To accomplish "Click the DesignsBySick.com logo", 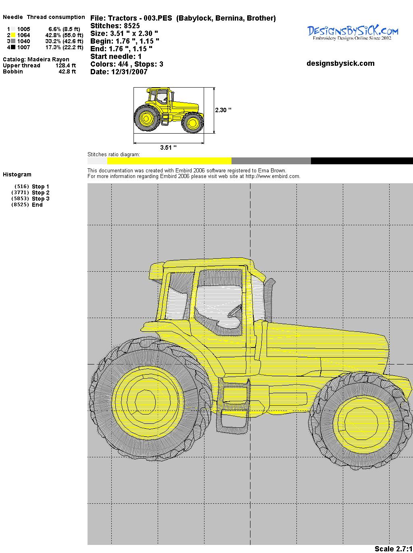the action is [x=353, y=33].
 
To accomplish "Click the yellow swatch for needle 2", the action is [x=13, y=35].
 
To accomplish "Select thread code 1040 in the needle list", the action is [x=24, y=41].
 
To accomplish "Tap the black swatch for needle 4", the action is [x=13, y=47].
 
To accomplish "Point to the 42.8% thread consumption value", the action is [x=53, y=35].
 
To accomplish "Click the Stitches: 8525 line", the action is [x=115, y=26].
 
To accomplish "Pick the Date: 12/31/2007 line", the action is [x=119, y=72].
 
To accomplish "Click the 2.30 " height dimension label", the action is [x=223, y=110].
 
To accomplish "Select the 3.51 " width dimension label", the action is [x=168, y=147].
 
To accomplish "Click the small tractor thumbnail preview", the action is [x=169, y=110].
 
